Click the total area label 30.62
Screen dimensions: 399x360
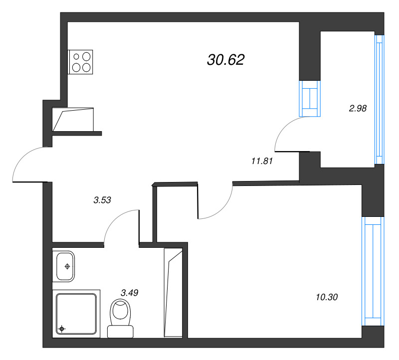226,60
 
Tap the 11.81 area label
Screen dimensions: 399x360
262,161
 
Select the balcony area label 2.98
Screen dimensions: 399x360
358,108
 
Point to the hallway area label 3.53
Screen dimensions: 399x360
102,200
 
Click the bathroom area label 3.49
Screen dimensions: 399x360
129,293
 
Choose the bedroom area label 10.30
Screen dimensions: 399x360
327,297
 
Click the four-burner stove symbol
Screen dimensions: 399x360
80,62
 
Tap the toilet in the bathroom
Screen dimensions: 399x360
120,318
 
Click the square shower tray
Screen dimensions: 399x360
76,314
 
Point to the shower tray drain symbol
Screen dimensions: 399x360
61,329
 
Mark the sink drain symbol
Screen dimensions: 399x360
67,266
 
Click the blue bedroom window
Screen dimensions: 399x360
373,271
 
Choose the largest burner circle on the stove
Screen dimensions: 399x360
86,56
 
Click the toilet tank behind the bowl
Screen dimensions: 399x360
120,332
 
